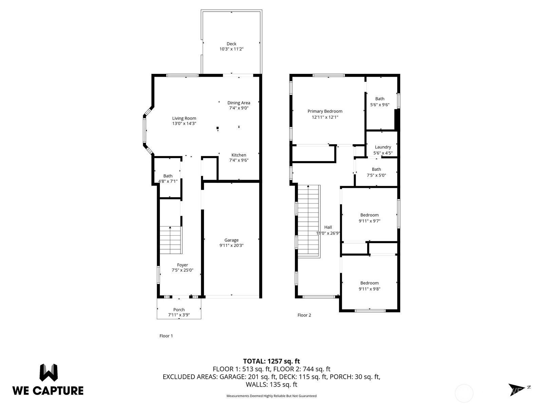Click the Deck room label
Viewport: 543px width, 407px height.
231,44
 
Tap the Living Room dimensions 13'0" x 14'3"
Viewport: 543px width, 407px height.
184,123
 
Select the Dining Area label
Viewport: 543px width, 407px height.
239,103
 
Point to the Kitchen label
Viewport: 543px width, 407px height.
239,155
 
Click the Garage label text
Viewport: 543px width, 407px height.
231,240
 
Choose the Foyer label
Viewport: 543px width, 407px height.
183,265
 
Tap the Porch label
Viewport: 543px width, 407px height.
179,310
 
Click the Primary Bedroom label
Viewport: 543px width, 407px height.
325,111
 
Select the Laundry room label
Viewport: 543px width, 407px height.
383,147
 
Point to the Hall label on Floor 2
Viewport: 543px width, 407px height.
328,227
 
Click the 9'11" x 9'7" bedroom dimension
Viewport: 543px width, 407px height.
369,221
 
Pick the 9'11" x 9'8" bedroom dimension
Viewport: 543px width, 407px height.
369,289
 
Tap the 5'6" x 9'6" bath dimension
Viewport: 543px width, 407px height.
380,105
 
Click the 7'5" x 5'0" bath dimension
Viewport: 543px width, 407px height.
376,175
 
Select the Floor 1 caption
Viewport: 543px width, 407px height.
166,336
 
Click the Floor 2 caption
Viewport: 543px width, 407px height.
304,315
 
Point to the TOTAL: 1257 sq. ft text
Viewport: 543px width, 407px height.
271,361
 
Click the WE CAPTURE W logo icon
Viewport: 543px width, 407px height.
49,372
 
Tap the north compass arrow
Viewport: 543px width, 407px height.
517,390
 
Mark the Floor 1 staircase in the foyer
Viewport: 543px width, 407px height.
171,240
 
